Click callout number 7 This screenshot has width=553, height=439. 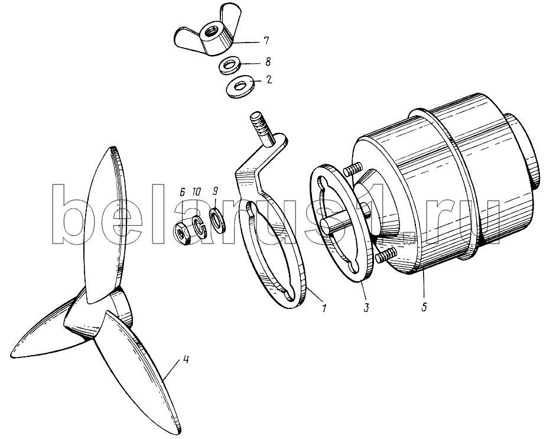tap(265, 41)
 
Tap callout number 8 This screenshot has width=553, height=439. tap(268, 62)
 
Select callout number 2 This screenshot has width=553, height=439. tap(269, 79)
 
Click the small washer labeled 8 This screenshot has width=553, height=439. tap(229, 66)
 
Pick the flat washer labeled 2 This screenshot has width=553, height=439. tap(239, 87)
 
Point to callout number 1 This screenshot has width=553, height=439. tap(324, 308)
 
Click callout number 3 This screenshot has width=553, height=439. tap(367, 307)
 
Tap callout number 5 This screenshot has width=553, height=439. tap(424, 307)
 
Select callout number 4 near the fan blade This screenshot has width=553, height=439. tap(186, 360)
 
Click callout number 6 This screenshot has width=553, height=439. tap(182, 192)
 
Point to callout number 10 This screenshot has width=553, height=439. tap(196, 192)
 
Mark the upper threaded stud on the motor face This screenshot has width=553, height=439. tap(353, 169)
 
